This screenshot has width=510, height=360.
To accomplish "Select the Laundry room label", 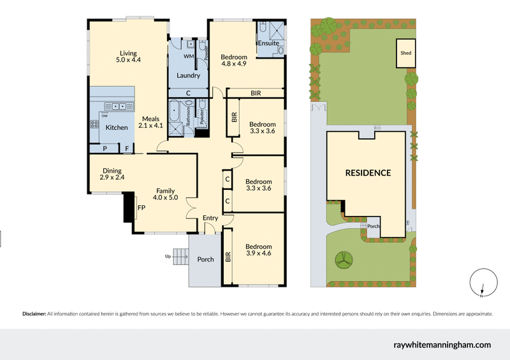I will pyautogui.click(x=188, y=75).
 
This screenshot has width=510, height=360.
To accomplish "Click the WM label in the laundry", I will pyautogui.click(x=188, y=57).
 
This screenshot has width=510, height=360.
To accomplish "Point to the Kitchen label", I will pyautogui.click(x=117, y=127).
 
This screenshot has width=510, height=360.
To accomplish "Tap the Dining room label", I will pyautogui.click(x=112, y=170).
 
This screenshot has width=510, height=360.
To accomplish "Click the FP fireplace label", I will pyautogui.click(x=141, y=207).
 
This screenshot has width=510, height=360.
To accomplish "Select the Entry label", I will pyautogui.click(x=210, y=219).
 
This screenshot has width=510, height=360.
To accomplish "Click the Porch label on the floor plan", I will pyautogui.click(x=205, y=259).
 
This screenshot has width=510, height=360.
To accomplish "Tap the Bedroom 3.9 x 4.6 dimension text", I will pyautogui.click(x=259, y=254).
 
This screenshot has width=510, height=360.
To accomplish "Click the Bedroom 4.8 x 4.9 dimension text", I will pyautogui.click(x=233, y=64).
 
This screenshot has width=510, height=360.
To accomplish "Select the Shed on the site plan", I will pyautogui.click(x=405, y=54).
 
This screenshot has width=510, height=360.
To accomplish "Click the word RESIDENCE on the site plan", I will pyautogui.click(x=368, y=173).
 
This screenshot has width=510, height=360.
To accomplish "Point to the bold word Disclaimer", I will pyautogui.click(x=34, y=314).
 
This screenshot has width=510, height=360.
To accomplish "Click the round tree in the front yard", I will pyautogui.click(x=344, y=259).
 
